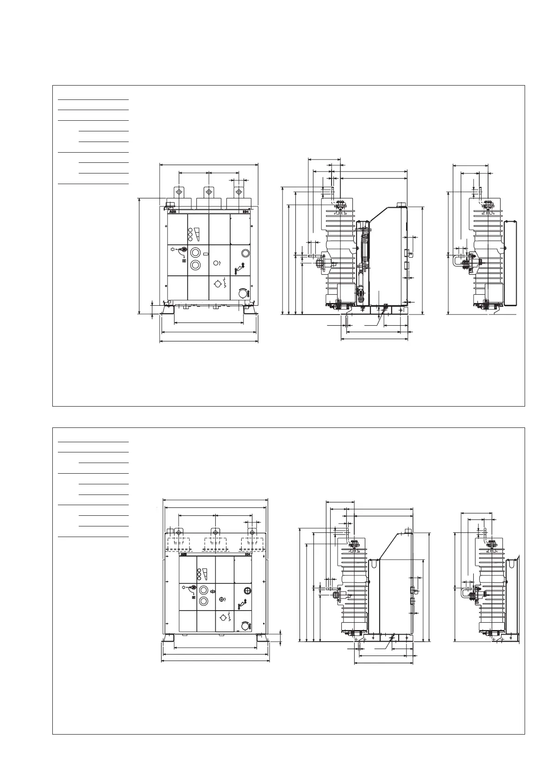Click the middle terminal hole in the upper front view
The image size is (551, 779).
coord(209,191)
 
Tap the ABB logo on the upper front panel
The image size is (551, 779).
coord(173,211)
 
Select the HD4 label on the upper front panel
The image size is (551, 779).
coord(246,211)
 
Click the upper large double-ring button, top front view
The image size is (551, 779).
coord(195,253)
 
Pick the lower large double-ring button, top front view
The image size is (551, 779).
coord(195,265)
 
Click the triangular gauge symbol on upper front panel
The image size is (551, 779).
coord(198,235)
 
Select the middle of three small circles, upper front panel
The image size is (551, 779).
coord(190,235)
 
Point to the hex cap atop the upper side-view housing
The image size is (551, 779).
coord(401,204)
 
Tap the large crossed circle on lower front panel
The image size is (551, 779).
coord(247,591)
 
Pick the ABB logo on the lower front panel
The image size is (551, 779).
coord(184,554)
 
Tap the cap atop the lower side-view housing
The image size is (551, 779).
coord(407,531)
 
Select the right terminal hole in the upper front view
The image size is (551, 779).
coord(238,191)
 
